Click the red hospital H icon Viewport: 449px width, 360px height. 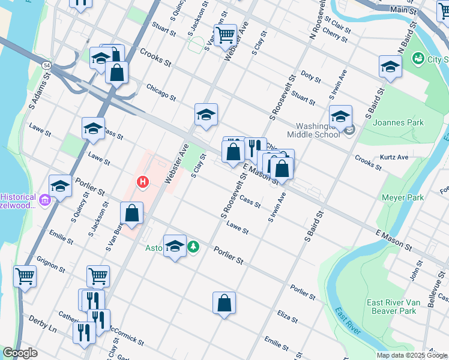(143, 181)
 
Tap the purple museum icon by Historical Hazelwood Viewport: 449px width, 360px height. (45, 197)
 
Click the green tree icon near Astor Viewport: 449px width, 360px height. (193, 246)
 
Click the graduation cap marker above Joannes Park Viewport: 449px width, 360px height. (390, 67)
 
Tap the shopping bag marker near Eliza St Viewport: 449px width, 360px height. (224, 303)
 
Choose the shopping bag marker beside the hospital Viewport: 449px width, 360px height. (131, 212)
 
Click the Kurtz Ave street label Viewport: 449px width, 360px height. (394, 157)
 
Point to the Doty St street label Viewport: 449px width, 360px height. (311, 76)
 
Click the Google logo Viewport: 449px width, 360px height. (20, 353)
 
